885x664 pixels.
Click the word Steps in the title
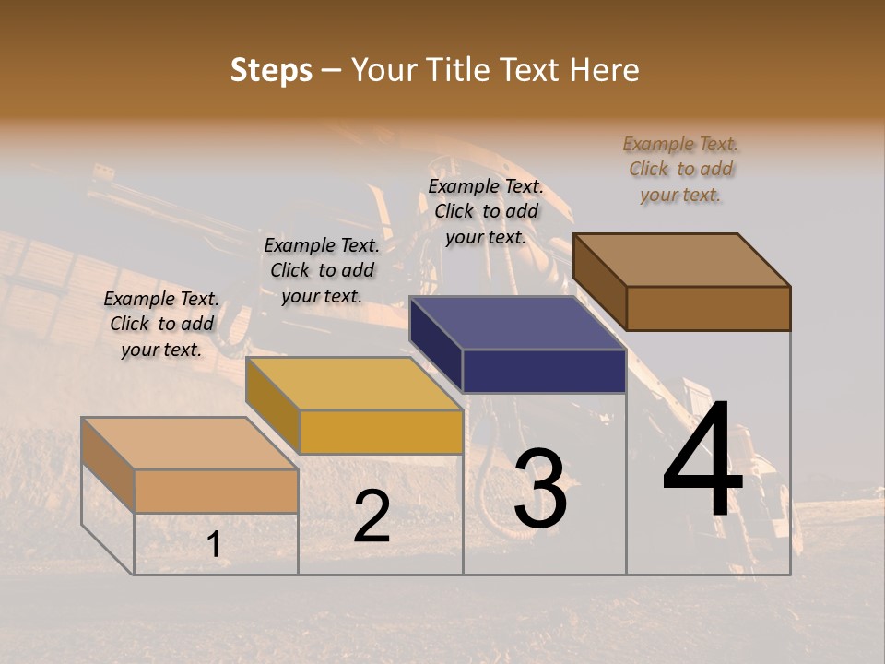pos(271,70)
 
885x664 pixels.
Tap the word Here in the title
pos(603,70)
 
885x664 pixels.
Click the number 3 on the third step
pos(540,489)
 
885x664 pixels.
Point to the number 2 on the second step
pos(372,516)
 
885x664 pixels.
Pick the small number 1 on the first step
pos(214,545)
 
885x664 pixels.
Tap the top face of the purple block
pos(518,322)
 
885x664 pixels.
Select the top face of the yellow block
pos(354,383)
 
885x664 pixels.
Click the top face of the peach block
pos(190,443)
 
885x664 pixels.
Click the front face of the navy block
pos(544,371)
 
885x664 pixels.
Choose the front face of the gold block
pos(380,432)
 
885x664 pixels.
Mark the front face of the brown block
pos(708,308)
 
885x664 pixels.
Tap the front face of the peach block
pos(216,491)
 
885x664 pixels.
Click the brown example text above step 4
pos(681,169)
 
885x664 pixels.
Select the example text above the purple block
pos(486,211)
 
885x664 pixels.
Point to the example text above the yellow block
pos(322,270)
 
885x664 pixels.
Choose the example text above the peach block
pos(161,324)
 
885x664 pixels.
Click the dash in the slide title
pos(332,71)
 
